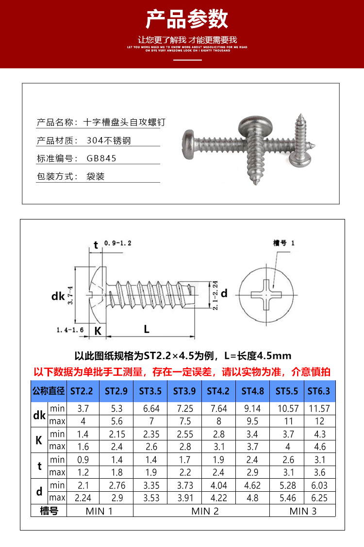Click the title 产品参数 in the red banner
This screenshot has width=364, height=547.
click(187, 19)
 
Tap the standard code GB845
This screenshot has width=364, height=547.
click(102, 158)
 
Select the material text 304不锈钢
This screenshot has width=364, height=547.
click(109, 141)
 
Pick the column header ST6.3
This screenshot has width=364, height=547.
click(319, 391)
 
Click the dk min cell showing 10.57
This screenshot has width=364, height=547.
click(287, 408)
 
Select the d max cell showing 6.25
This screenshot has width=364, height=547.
click(319, 498)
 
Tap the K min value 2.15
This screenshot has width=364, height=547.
click(116, 434)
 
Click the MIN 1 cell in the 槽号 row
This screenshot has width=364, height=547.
click(99, 511)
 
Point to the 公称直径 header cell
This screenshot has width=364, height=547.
click(48, 391)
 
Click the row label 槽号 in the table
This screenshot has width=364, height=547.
click(49, 511)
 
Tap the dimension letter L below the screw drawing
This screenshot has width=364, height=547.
click(147, 329)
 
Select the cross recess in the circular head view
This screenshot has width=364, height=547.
click(267, 294)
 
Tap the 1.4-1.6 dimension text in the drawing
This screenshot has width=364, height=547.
click(70, 330)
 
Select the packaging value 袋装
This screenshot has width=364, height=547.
click(96, 176)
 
